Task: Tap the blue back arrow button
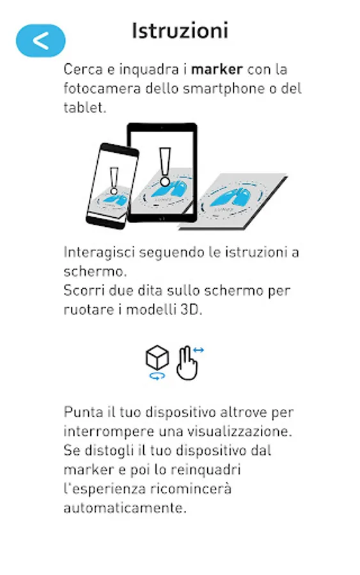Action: (x=41, y=41)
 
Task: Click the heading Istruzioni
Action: (x=180, y=31)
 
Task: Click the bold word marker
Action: (x=217, y=69)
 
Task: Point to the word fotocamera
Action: (x=102, y=88)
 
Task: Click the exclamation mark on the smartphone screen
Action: (x=114, y=181)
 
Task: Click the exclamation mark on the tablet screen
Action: (x=165, y=167)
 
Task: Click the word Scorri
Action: (x=80, y=291)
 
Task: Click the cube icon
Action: (x=157, y=357)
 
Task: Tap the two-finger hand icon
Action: (x=187, y=363)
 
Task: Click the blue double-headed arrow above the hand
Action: (x=198, y=350)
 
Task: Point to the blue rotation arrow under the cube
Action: (x=157, y=376)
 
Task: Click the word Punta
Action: (x=83, y=412)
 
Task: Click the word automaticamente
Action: (x=125, y=508)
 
